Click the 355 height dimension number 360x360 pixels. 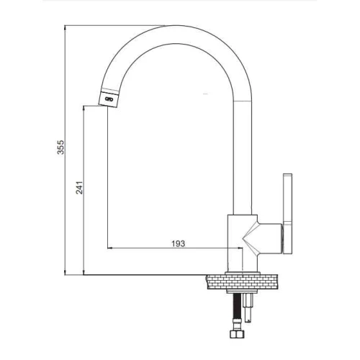[x=60, y=147]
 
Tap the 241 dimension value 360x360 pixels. [x=79, y=188]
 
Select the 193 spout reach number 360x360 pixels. [x=179, y=243]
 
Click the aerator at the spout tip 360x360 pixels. [x=109, y=98]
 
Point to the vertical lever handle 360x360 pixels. [x=288, y=214]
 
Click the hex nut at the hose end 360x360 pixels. [x=237, y=334]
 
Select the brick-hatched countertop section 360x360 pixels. [x=242, y=282]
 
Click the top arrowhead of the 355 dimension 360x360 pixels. [x=65, y=27]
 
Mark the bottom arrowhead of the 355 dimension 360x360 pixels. [x=65, y=273]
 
